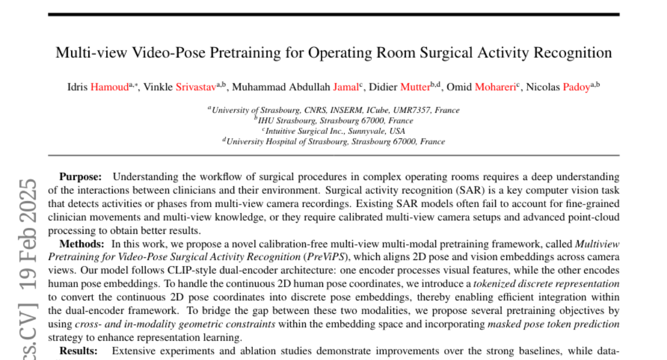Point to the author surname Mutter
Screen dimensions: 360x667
[x=415, y=87]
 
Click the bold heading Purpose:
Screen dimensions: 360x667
[x=81, y=177]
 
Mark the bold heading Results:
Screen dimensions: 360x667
[x=78, y=351]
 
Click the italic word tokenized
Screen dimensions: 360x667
[x=492, y=283]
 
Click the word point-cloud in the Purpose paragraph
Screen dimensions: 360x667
[x=593, y=217]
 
